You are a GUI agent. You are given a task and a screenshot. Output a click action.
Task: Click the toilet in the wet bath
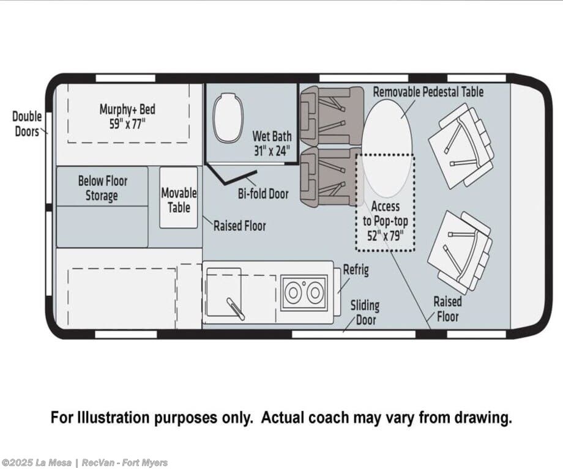pos(228,117)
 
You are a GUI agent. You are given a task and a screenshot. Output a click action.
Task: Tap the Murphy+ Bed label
pos(127,109)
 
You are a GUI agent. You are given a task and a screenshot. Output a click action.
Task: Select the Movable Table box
pos(179,198)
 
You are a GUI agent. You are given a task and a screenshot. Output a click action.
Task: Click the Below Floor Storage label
pos(102,188)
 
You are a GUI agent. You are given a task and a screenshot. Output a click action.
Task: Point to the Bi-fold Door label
pos(263,194)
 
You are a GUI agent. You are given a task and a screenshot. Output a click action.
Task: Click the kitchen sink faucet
pos(236,309)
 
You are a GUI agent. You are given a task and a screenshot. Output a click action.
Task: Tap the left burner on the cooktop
pos(293,293)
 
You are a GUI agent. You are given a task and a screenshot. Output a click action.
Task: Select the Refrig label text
pos(356,270)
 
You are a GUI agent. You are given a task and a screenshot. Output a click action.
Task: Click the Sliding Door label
pos(365,312)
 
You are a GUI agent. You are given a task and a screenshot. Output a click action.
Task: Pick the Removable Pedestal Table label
pos(428,92)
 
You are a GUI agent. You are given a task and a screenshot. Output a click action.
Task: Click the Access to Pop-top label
pos(386,221)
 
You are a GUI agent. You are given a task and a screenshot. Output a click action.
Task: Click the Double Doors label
pos(27,124)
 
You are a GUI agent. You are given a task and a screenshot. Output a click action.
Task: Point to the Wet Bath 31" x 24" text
pos(272,144)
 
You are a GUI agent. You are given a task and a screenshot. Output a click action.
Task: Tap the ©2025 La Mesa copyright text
pos(36,462)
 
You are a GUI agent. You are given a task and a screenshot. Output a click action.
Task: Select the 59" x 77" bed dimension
pos(127,124)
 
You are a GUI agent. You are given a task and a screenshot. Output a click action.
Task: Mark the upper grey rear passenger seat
pos(332,116)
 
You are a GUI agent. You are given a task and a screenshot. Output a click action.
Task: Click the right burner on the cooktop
pos(315,293)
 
